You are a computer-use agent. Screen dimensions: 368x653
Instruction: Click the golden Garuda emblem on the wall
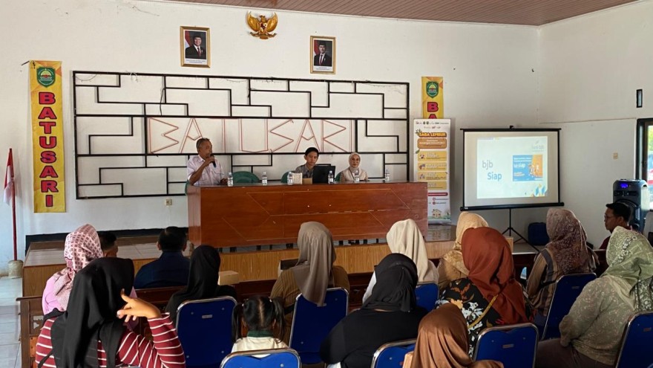(262, 25)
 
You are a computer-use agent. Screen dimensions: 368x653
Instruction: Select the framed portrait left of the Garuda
(195, 47)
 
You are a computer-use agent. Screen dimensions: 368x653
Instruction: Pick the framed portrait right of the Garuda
(323, 54)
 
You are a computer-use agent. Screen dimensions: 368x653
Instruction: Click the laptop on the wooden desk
(323, 174)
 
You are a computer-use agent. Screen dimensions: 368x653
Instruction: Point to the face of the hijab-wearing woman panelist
(355, 162)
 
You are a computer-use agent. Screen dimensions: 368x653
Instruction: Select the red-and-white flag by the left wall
(9, 178)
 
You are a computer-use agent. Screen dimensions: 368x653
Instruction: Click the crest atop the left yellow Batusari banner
(46, 76)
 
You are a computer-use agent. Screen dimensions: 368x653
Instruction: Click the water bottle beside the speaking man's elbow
(230, 179)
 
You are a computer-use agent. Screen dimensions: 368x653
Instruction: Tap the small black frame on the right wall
(639, 98)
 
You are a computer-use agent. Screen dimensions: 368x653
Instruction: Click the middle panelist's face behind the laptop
(312, 156)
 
